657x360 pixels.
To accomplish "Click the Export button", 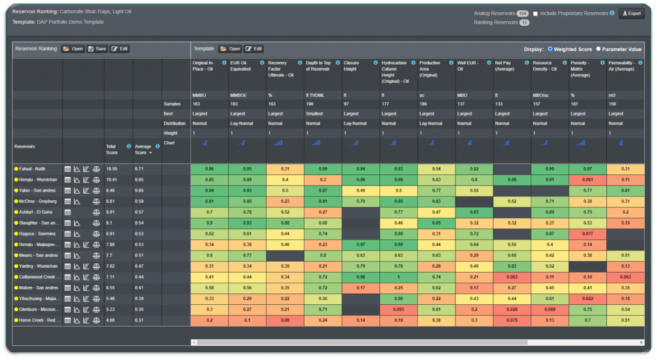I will click(x=631, y=13).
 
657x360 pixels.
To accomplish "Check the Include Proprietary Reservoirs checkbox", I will click(x=535, y=13).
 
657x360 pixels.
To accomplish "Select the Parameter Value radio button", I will click(x=599, y=49).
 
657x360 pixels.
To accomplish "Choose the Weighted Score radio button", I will click(x=550, y=49).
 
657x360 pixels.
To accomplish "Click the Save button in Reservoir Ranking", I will click(x=97, y=49).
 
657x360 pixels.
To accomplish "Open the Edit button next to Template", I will click(x=253, y=49).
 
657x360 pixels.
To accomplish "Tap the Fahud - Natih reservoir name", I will click(x=37, y=169).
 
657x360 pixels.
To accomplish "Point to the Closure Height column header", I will click(x=352, y=66).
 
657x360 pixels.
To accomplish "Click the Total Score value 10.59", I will click(x=112, y=169).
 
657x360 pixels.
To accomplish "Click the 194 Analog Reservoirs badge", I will click(x=522, y=13).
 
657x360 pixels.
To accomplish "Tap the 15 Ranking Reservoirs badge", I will click(x=524, y=22).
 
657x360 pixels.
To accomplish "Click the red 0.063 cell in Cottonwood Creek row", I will click(x=625, y=277).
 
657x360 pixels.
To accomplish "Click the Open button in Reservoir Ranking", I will click(x=73, y=49).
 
